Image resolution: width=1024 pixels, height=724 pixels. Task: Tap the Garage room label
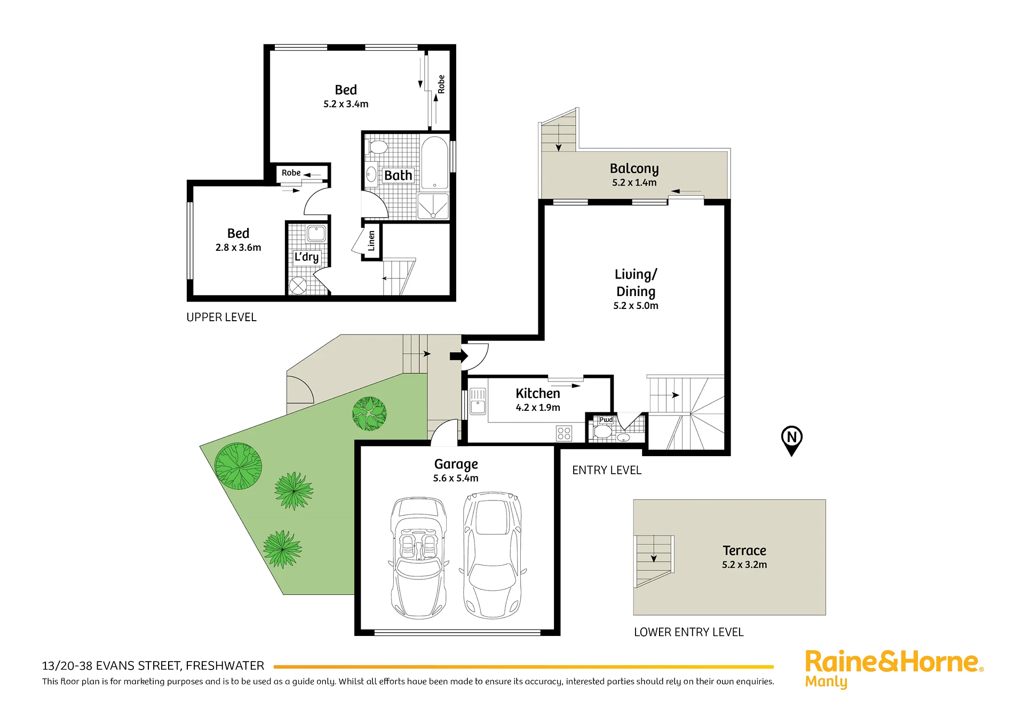coord(456,464)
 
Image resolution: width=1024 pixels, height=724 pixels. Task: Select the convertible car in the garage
coord(419,558)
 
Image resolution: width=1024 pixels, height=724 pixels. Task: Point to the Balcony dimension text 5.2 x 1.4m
coord(634,182)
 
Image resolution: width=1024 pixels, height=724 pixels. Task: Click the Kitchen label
coord(538,393)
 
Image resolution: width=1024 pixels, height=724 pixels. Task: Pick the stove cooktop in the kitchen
coord(564,433)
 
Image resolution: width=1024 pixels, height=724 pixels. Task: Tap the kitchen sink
coord(478,401)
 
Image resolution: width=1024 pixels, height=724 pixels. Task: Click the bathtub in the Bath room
coord(434,163)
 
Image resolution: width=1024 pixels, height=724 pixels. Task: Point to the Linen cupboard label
coord(371,241)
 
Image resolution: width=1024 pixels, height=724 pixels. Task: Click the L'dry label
coord(306,257)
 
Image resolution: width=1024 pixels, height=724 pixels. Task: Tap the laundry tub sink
coord(316,234)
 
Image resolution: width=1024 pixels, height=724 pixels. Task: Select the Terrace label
coord(744,551)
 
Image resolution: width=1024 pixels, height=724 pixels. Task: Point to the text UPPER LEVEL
coord(221,317)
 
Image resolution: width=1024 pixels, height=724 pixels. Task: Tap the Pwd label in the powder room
coord(606,420)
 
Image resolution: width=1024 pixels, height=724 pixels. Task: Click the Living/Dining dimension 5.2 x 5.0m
coord(636,306)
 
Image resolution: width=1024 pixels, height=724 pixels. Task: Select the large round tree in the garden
coord(238,466)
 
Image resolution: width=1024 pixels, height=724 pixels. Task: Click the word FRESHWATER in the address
coord(225,666)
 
